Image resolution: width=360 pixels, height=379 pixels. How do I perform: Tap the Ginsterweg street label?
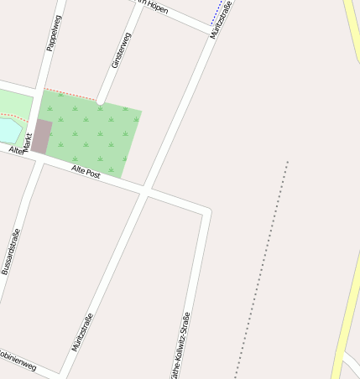[121, 50]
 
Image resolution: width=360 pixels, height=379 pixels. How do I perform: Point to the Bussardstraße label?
[10, 252]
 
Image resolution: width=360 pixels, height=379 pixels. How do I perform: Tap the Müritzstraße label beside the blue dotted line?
[222, 18]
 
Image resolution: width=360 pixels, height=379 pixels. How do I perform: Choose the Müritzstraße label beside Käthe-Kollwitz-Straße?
[81, 332]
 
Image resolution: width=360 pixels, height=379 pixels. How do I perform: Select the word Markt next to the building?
[28, 139]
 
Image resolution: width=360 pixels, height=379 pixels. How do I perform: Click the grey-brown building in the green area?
[42, 136]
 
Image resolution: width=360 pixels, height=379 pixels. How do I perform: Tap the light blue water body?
[8, 130]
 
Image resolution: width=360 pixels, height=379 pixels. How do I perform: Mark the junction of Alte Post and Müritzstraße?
[146, 190]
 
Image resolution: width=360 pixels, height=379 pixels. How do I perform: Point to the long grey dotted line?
[262, 268]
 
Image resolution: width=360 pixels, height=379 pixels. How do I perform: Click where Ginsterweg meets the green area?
[101, 103]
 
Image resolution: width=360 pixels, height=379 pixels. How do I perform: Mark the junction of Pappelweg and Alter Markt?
[38, 86]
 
